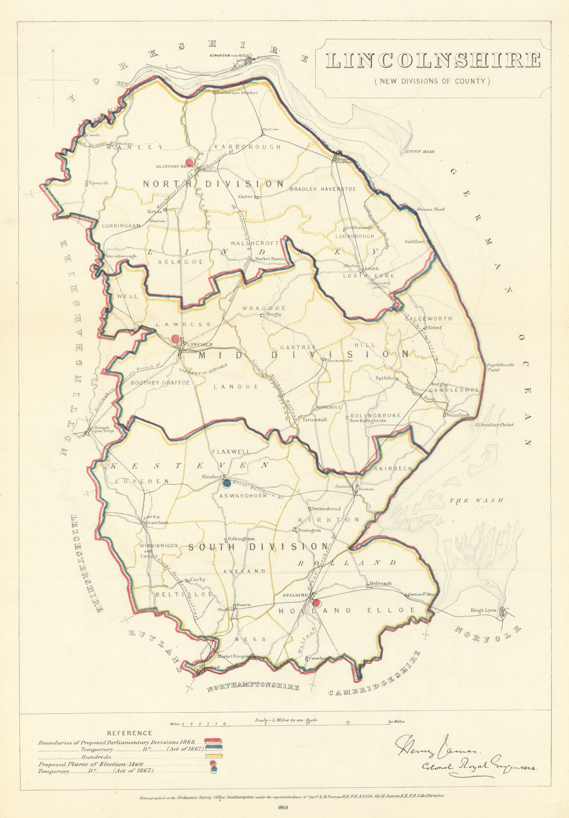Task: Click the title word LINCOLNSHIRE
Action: [x=433, y=60]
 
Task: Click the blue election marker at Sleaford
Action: [x=227, y=483]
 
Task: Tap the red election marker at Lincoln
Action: [x=176, y=339]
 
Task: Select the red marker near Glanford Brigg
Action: [x=190, y=161]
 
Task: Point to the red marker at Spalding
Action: [x=317, y=603]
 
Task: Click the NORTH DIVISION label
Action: [x=213, y=184]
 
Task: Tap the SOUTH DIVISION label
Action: [x=257, y=547]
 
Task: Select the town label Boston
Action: [x=366, y=489]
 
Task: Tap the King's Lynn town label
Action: [x=484, y=610]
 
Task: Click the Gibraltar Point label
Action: [x=494, y=425]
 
